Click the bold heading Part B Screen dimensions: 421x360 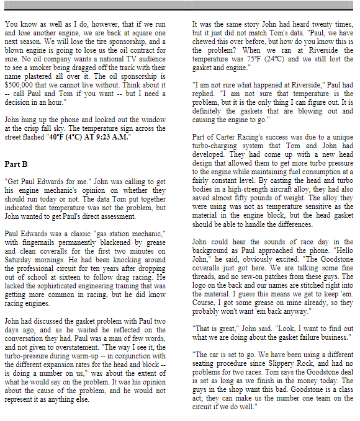[x=16, y=164]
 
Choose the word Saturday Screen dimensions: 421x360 [x=20, y=264]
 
